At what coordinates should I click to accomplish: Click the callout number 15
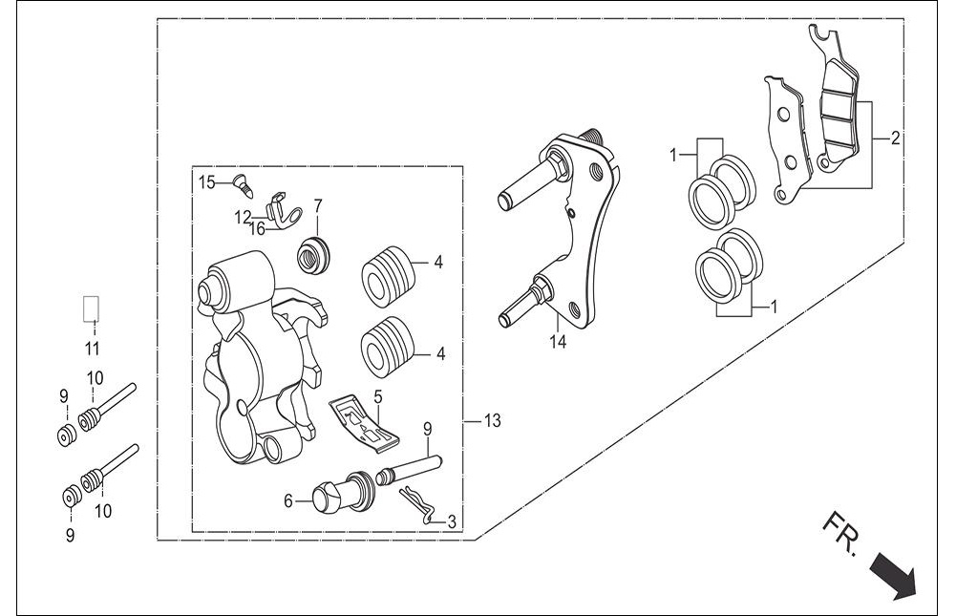click(207, 181)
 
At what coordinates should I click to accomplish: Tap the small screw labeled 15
click(243, 184)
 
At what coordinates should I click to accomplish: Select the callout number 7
click(318, 205)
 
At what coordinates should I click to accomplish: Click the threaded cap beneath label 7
click(314, 254)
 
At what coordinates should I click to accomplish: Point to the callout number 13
click(492, 421)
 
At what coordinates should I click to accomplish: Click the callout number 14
click(558, 342)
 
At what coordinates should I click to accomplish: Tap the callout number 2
click(895, 138)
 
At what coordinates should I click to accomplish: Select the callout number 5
click(378, 397)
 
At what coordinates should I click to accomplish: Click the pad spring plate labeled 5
click(365, 424)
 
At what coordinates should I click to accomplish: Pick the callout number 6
click(288, 501)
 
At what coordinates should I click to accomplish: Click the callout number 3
click(451, 522)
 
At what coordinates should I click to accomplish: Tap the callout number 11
click(92, 349)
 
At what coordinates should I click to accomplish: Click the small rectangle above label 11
click(91, 308)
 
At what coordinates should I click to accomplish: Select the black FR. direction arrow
click(893, 574)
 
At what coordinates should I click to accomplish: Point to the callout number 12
click(243, 217)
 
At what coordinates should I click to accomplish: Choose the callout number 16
click(257, 229)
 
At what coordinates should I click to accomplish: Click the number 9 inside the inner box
click(428, 429)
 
